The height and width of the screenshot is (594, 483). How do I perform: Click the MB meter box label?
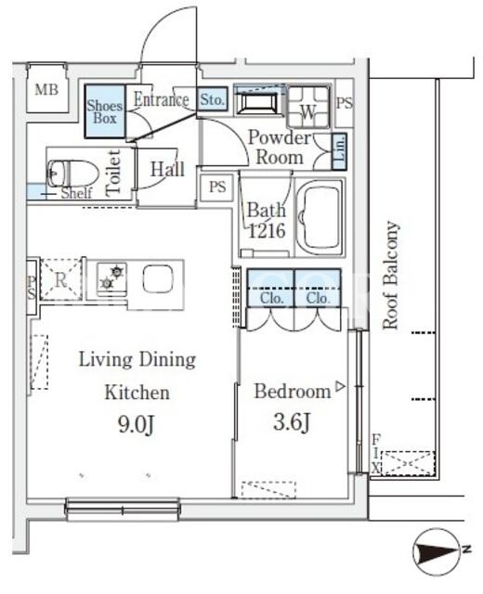[x=46, y=90]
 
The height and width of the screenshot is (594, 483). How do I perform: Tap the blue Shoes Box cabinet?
[x=105, y=111]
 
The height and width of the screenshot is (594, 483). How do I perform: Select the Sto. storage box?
[x=213, y=99]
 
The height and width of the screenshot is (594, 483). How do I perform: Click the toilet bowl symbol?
[x=72, y=174]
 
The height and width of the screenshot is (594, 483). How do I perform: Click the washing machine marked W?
[x=308, y=108]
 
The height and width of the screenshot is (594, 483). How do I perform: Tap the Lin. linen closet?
[x=340, y=151]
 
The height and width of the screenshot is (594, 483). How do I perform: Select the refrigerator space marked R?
[x=60, y=279]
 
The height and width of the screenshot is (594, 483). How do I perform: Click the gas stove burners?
[x=111, y=278]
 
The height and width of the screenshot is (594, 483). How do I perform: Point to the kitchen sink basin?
[x=159, y=278]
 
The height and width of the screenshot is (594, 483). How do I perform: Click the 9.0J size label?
[x=136, y=425]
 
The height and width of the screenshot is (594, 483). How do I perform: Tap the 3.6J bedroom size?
[x=292, y=422]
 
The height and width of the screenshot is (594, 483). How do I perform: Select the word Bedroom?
[x=293, y=392]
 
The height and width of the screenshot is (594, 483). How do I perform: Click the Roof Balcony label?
[x=390, y=275]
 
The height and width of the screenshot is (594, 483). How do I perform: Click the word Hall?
[x=167, y=169]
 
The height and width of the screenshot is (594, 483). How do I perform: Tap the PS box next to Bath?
[x=217, y=187]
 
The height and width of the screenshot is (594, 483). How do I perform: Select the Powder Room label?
[x=280, y=148]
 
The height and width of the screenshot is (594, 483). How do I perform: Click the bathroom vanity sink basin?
[x=259, y=102]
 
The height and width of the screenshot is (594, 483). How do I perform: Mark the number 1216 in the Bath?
[x=267, y=231]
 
